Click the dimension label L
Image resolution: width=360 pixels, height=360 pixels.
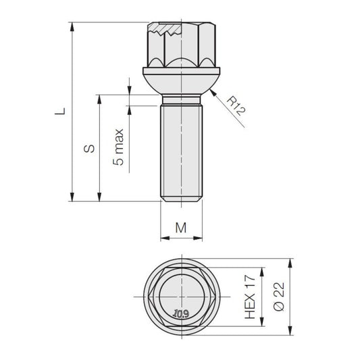pos(60,111)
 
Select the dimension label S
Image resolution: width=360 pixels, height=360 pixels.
pos(89,149)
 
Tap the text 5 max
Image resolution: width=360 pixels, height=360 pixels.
pos(118,147)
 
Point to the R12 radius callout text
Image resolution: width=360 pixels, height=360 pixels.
pos(236,106)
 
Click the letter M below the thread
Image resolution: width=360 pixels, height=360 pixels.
pos(181,228)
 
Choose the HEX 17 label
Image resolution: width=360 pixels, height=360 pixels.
pos(250,297)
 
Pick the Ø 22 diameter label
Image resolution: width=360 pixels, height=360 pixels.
pos(279,297)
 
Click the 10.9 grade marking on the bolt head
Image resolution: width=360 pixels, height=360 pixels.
pos(182,313)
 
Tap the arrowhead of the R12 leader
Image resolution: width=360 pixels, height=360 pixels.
pos(213,93)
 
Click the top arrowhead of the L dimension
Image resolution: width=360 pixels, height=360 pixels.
pos(72,26)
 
